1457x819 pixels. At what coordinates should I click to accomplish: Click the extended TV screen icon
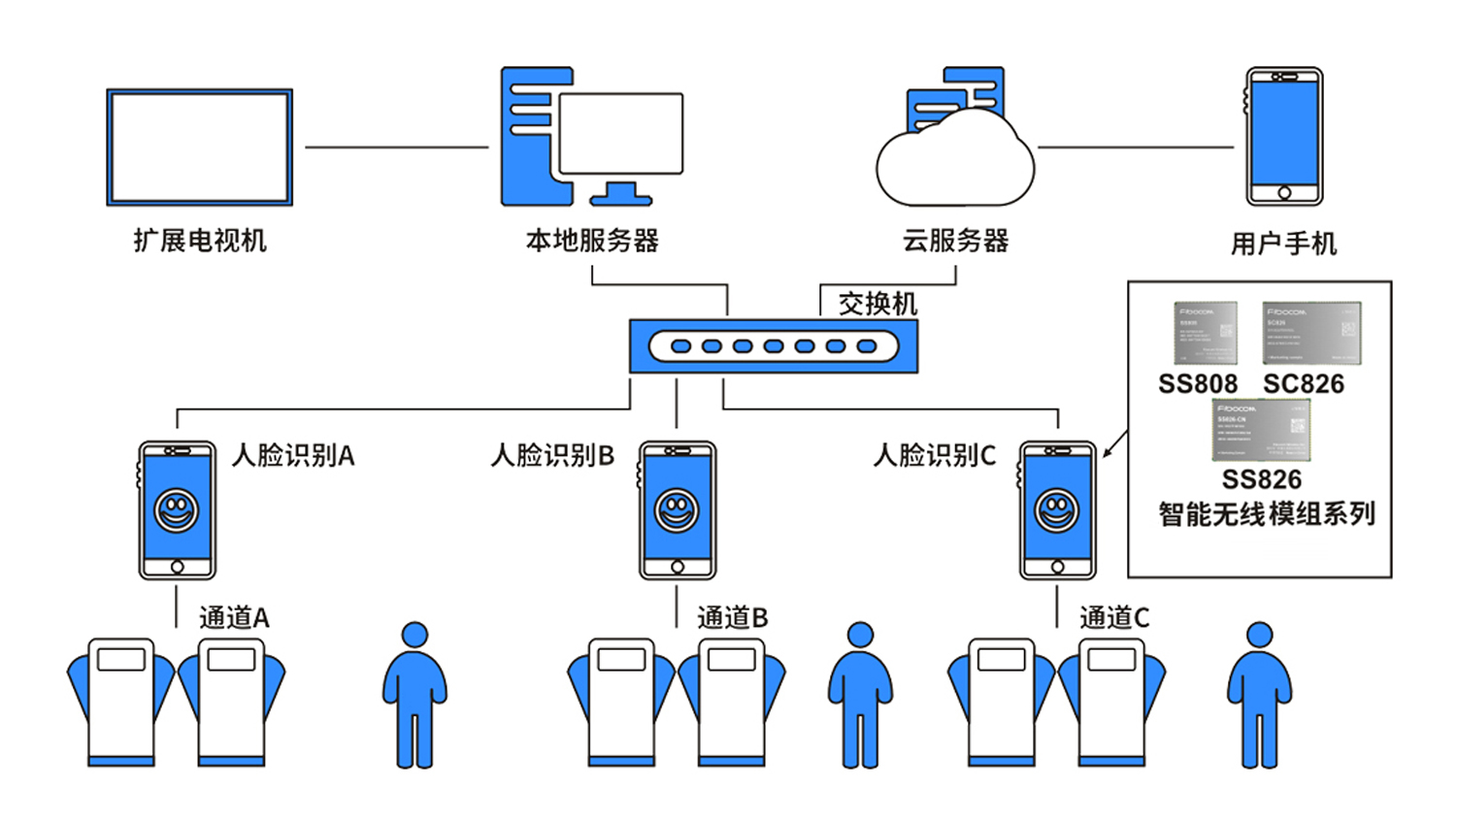click(199, 147)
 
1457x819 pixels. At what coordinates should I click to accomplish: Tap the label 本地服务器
click(592, 241)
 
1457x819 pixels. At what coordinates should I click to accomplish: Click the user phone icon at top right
click(1284, 136)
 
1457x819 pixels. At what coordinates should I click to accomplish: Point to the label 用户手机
click(1283, 243)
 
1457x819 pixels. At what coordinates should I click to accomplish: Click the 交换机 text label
click(878, 304)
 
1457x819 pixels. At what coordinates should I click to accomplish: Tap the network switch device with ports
click(773, 346)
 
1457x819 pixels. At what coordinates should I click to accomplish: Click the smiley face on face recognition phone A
click(177, 509)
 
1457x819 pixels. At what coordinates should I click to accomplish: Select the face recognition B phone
click(678, 510)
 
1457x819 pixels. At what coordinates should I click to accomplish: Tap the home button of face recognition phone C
click(1057, 567)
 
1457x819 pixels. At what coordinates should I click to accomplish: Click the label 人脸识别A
click(293, 455)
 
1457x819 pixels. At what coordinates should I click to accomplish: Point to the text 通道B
click(733, 617)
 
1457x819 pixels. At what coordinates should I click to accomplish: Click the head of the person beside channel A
click(414, 635)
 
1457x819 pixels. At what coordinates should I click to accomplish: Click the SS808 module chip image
click(1205, 333)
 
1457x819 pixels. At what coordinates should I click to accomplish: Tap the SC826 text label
click(1304, 384)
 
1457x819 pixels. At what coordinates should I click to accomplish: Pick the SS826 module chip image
click(1261, 430)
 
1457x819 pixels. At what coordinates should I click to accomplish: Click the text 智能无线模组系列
click(1267, 513)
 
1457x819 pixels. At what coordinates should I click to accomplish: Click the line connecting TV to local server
click(396, 147)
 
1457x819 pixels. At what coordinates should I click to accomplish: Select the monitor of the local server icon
click(621, 133)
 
